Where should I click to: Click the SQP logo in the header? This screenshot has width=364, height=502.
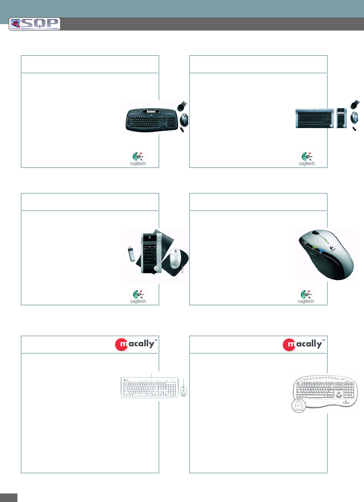point(35,24)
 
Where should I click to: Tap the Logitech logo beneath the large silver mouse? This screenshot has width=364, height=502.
point(306,296)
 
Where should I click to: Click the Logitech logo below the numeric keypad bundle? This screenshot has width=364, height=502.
point(138,296)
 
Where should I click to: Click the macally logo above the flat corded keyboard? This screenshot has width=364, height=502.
point(136,344)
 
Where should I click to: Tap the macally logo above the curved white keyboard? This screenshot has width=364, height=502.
point(304,344)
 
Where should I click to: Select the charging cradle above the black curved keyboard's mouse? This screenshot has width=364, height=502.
point(182,106)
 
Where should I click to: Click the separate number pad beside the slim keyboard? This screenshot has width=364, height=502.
point(341,118)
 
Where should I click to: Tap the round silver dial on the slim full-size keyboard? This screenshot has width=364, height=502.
point(331,125)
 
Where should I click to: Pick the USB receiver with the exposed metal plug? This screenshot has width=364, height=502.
point(131,253)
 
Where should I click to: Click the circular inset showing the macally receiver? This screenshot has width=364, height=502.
point(299,406)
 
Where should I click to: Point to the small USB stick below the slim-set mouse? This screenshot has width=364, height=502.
point(354,129)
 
